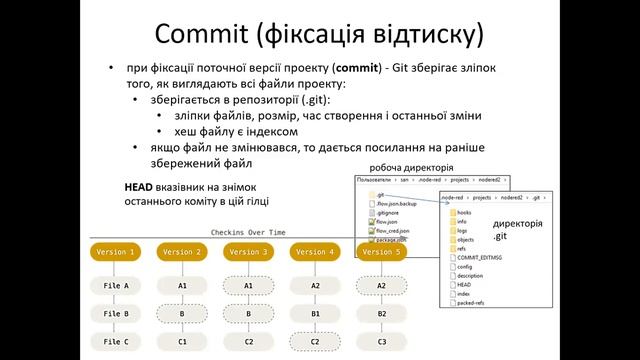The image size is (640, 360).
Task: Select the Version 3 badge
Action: [x=249, y=252]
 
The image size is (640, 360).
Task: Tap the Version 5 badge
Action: [x=381, y=252]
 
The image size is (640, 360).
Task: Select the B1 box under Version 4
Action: [x=315, y=313]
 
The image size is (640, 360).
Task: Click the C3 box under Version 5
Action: [x=381, y=342]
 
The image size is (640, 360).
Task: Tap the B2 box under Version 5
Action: [x=381, y=313]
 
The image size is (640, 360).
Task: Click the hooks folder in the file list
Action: [x=464, y=212]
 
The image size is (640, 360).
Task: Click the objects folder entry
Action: [x=466, y=239]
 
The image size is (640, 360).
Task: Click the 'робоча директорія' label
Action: [x=411, y=167]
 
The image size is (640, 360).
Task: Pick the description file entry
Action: [x=470, y=275]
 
